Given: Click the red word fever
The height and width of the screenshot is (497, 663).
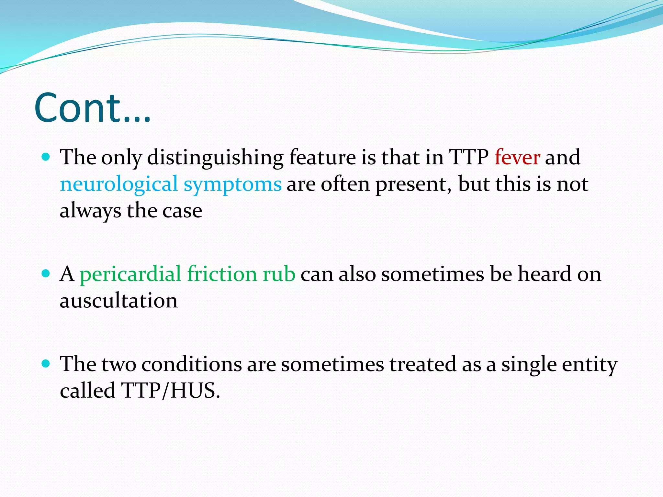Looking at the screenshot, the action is pyautogui.click(x=517, y=157).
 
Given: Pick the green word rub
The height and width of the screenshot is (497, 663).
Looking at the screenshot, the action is pyautogui.click(x=279, y=274).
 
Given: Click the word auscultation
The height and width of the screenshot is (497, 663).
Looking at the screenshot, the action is pyautogui.click(x=119, y=301).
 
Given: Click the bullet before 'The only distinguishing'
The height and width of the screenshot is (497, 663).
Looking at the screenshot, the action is pyautogui.click(x=46, y=157).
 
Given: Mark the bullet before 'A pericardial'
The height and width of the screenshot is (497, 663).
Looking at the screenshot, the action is pyautogui.click(x=46, y=274).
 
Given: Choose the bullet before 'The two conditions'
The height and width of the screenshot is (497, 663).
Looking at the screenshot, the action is pyautogui.click(x=46, y=364).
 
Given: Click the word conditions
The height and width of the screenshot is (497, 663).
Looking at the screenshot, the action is pyautogui.click(x=192, y=364).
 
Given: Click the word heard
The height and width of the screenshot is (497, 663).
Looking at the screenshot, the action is pyautogui.click(x=545, y=274).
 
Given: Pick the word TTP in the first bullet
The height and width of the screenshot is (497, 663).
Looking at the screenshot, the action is pyautogui.click(x=468, y=157).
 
